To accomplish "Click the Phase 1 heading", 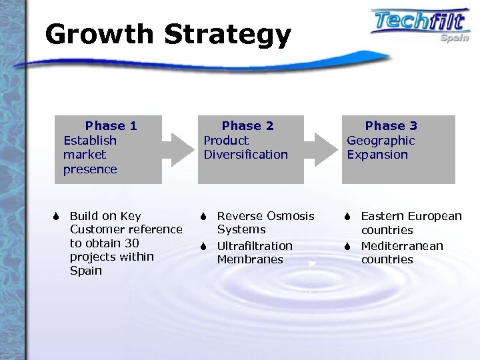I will [x=111, y=125].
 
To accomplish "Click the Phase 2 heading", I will [x=247, y=125].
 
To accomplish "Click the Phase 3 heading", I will [x=391, y=125].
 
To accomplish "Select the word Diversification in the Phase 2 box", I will [x=245, y=155].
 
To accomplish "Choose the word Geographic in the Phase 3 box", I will [x=381, y=140].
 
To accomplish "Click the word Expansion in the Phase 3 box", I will [x=377, y=155].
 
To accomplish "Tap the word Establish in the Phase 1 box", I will [x=90, y=140].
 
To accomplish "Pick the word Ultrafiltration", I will [x=255, y=246].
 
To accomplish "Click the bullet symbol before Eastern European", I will [x=347, y=216].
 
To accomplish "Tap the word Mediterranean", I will [x=402, y=246].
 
